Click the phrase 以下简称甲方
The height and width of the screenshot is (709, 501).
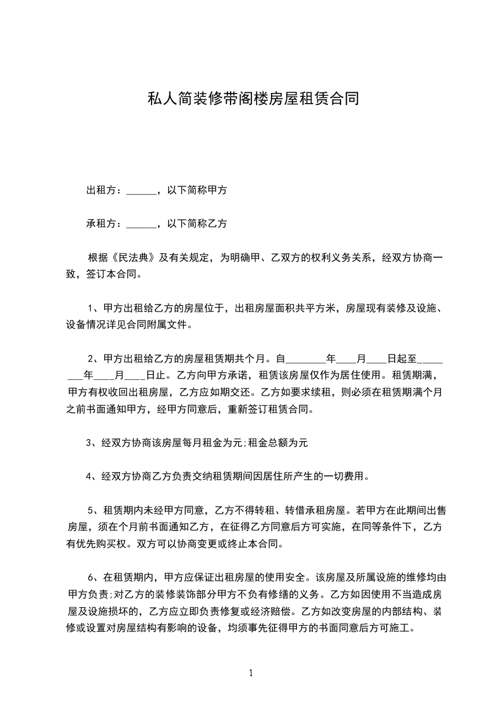click(x=196, y=190)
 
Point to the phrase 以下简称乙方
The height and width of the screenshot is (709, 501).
click(x=196, y=224)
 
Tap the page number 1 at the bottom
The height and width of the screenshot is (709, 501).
click(x=251, y=673)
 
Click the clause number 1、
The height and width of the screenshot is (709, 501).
click(x=94, y=309)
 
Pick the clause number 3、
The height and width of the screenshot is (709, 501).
click(x=92, y=442)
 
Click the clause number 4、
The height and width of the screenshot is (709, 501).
click(x=92, y=476)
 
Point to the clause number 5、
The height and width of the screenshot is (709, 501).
click(x=94, y=509)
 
